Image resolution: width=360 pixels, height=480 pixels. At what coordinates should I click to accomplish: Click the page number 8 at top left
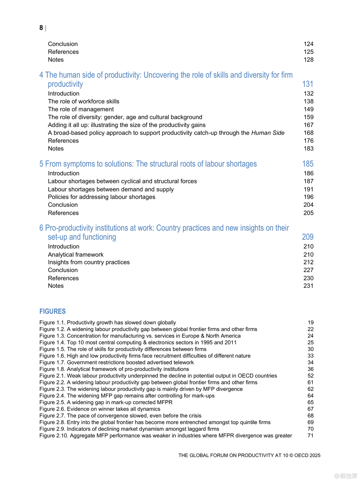tap(41, 28)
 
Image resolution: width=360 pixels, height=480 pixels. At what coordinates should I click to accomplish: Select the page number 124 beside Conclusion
tap(308, 44)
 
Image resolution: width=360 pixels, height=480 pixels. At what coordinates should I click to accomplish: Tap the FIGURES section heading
tap(52, 311)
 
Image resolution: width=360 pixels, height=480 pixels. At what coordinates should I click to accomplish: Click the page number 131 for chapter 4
tap(308, 84)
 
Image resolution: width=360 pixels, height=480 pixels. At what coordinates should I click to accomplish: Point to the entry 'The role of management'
tap(81, 109)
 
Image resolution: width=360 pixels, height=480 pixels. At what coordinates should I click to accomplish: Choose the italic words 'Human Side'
tap(268, 133)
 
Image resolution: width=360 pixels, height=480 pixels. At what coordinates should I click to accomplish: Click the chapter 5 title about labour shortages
tap(148, 164)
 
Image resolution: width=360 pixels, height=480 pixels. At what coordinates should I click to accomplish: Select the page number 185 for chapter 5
tap(308, 164)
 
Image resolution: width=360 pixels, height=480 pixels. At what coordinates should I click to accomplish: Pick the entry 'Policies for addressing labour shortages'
tap(101, 197)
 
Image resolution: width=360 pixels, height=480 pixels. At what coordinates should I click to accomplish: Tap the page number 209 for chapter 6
tap(308, 237)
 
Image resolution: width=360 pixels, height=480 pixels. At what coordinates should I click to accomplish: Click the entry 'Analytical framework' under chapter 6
tap(76, 254)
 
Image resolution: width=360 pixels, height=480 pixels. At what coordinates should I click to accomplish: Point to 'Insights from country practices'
tap(89, 262)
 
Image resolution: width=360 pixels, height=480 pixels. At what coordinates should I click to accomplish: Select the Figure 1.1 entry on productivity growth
tap(108, 323)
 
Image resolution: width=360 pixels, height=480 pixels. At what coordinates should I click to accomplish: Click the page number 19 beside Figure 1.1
tap(310, 323)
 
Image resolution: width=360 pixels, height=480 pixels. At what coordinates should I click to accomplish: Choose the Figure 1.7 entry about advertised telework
tap(116, 362)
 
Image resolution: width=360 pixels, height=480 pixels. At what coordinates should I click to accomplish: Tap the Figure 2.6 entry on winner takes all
tap(100, 409)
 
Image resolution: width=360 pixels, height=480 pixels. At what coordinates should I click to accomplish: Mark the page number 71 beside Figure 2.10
tap(310, 436)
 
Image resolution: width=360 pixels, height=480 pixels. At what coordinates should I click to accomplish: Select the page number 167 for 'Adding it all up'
tap(308, 125)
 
